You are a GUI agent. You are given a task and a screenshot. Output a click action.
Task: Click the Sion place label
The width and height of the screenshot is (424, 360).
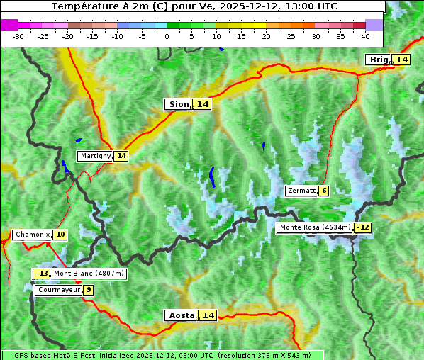coord(179,104)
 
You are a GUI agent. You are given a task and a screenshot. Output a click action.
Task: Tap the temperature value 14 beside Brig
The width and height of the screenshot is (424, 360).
coord(402,60)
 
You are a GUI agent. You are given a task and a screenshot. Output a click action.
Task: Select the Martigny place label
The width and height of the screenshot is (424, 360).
coord(95,155)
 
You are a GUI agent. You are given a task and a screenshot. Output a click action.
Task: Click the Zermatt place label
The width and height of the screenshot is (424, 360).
coord(301,191)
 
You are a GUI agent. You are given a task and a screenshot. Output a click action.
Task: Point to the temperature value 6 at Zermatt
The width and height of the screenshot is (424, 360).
coord(324,191)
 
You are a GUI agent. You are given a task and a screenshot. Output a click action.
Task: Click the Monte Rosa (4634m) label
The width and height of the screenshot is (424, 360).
coord(314,227)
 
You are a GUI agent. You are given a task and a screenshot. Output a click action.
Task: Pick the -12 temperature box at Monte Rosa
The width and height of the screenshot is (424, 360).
coord(363,227)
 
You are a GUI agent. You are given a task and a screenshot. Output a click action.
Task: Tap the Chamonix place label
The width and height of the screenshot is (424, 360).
coord(32,235)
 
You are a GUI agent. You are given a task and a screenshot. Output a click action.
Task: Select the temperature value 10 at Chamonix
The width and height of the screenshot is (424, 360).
coord(60,235)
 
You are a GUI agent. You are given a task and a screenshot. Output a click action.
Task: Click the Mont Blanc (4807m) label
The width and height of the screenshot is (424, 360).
coord(89,274)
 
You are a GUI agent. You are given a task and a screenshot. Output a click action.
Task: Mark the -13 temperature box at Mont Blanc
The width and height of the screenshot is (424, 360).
coord(42,274)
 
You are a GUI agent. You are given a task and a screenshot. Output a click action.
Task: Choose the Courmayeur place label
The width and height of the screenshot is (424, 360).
coord(59,290)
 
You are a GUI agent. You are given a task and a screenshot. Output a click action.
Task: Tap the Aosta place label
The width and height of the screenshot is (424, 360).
coord(180,315)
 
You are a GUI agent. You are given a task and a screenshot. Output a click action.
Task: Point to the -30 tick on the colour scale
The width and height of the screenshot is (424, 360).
coord(18,36)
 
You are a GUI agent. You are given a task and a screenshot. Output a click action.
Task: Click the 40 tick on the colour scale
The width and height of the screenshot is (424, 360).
coord(365,36)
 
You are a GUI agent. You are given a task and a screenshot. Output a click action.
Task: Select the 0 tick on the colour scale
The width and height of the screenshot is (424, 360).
coord(167,36)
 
